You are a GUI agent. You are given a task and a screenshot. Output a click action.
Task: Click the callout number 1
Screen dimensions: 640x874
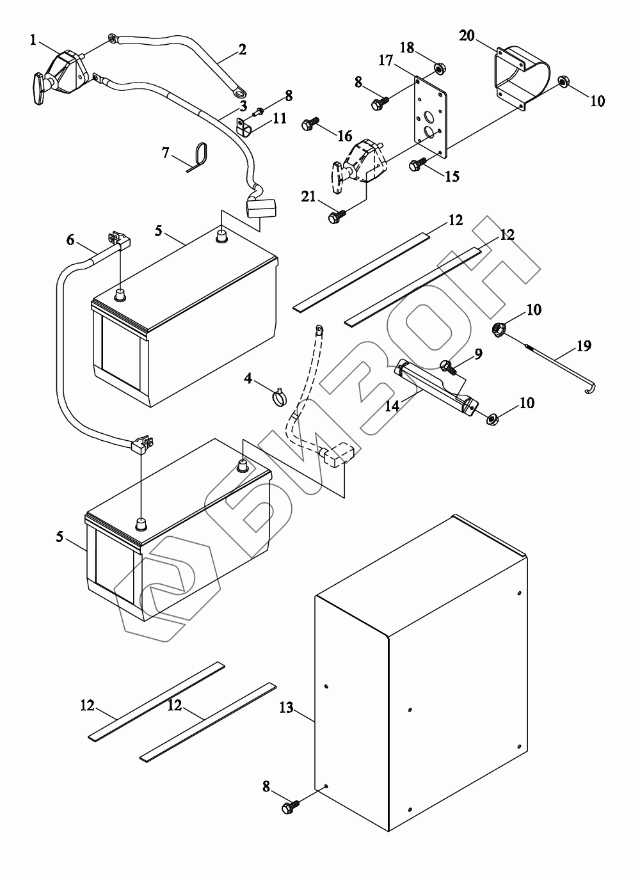pos(33,40)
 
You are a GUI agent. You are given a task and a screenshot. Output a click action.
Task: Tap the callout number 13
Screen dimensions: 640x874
pos(286,708)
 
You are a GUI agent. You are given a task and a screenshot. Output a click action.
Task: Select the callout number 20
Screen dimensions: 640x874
pos(467,35)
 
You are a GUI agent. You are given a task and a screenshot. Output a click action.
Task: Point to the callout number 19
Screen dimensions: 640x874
pos(584,346)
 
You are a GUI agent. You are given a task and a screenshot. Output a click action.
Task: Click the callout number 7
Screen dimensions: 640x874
pos(166,153)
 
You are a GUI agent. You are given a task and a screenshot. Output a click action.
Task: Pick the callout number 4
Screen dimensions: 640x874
pos(248,378)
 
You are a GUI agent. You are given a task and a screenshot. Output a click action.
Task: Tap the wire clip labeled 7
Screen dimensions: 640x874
pos(200,156)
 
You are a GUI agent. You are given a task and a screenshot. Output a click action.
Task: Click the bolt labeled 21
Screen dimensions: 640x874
pos(337,216)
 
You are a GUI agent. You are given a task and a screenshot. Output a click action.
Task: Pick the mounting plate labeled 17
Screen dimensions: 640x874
pos(430,116)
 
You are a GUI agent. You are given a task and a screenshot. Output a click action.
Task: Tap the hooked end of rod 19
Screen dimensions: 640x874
pos(591,389)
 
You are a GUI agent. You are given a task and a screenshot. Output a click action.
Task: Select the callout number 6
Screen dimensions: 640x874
pos(70,240)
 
